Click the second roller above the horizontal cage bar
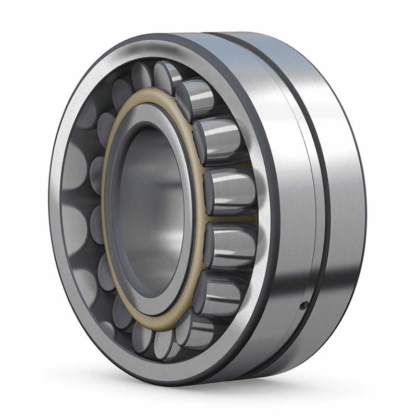[x=218, y=138]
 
